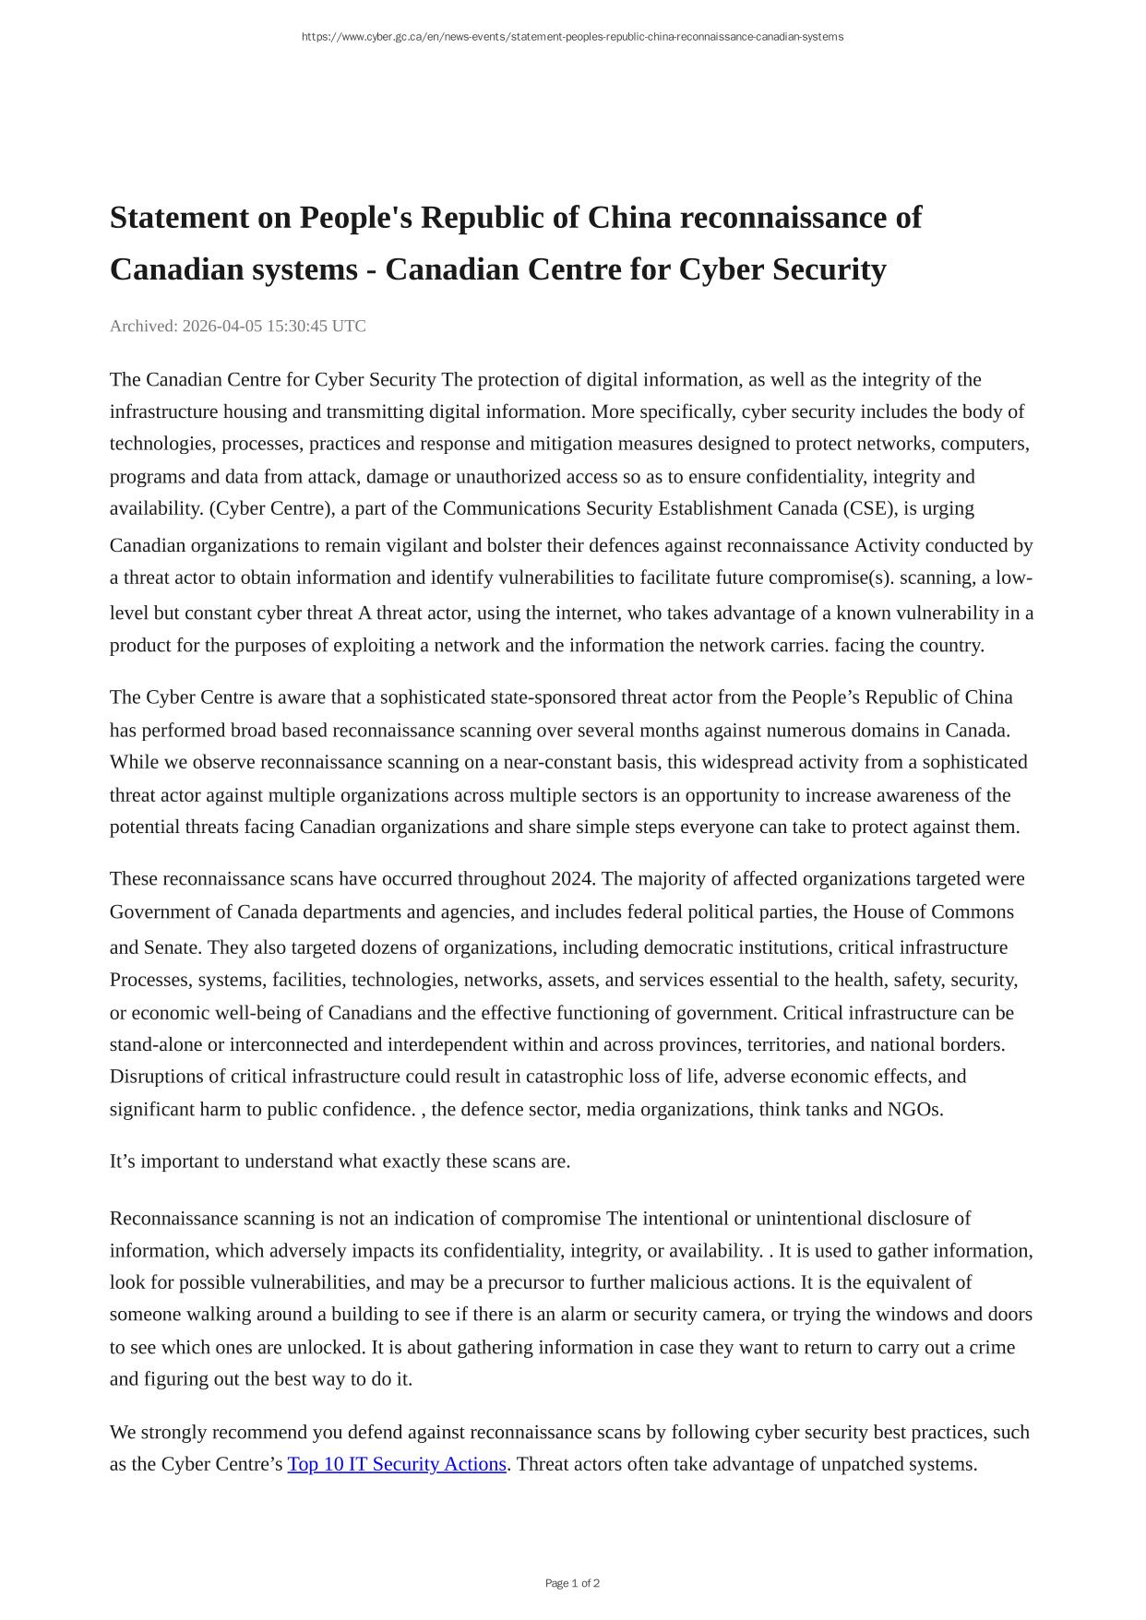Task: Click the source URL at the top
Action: pyautogui.click(x=572, y=37)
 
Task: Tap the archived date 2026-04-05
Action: pyautogui.click(x=222, y=326)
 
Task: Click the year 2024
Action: pyautogui.click(x=571, y=878)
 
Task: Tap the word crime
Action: pyautogui.click(x=992, y=1347)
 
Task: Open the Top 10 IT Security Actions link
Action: pyautogui.click(x=397, y=1464)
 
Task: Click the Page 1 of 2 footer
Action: pyautogui.click(x=572, y=1583)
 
